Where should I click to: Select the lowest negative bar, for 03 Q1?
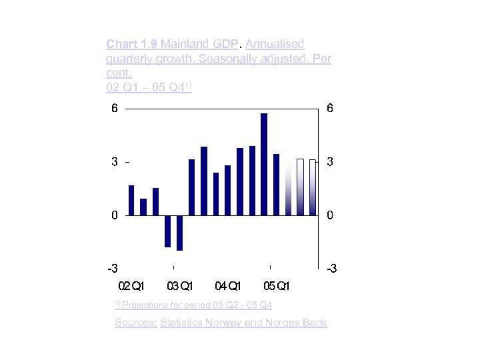(179, 233)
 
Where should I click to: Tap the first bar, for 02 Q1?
(131, 200)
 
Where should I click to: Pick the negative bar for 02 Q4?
(167, 231)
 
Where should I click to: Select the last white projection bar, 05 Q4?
(312, 187)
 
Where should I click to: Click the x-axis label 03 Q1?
(179, 287)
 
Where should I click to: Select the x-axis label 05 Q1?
(276, 287)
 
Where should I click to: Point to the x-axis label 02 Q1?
(131, 287)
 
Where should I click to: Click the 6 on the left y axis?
(114, 109)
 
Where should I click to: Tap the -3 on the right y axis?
(331, 269)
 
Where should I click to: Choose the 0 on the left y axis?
(114, 215)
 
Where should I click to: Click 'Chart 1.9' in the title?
(131, 44)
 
